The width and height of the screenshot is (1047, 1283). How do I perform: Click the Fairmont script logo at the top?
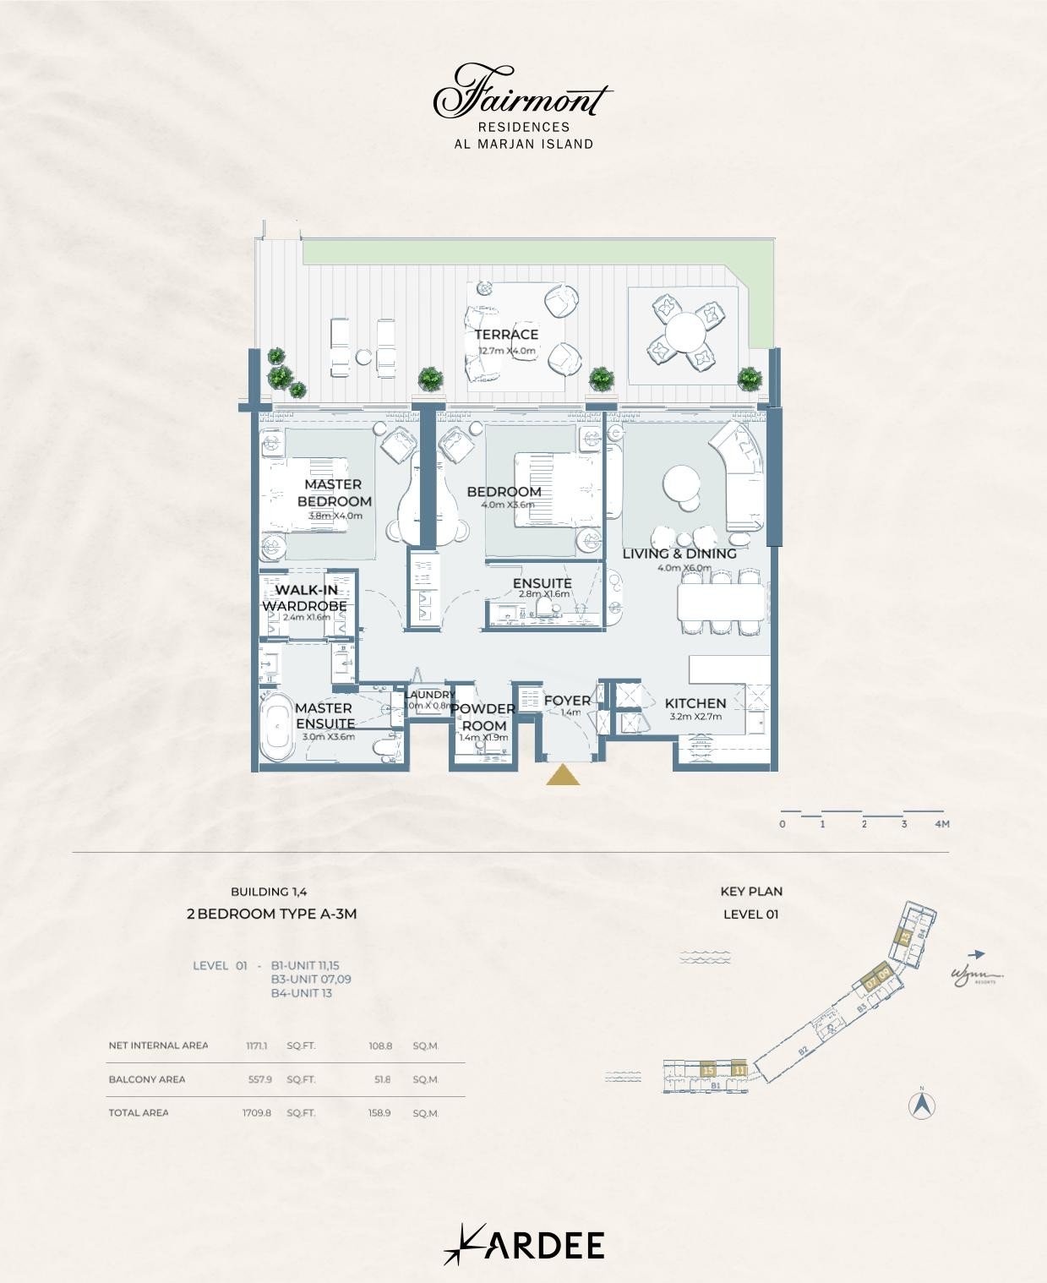522,94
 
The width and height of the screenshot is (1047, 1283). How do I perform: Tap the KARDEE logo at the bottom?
524,1245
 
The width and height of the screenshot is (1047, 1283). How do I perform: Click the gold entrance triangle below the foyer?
563,775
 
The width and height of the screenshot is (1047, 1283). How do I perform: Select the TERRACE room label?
506,335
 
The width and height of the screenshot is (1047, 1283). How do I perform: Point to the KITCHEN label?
695,703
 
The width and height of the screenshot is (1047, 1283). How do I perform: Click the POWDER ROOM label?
483,717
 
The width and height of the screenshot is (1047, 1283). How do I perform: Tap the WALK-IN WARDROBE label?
304,598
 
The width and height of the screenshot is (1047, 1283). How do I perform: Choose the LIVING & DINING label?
679,554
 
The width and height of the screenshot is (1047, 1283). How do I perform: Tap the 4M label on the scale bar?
942,824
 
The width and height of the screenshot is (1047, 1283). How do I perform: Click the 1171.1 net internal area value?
257,1046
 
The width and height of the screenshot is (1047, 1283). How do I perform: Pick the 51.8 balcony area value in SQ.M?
380,1079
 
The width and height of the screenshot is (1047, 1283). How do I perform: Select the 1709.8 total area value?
257,1113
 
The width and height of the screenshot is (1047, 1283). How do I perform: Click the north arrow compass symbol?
922,1106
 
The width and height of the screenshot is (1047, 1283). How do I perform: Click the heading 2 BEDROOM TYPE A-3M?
271,914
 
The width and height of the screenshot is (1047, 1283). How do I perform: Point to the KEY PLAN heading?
751,891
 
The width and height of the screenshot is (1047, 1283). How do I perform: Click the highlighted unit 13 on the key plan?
904,936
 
